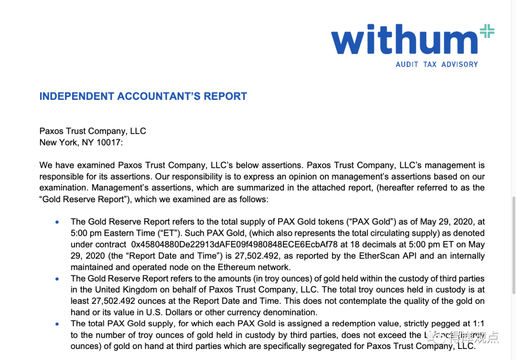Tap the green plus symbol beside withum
click(x=487, y=32)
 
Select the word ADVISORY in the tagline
click(x=460, y=65)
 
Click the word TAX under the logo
click(x=430, y=65)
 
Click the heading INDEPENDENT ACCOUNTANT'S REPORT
click(x=143, y=96)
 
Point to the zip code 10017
click(x=110, y=142)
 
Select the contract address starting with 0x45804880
click(x=234, y=244)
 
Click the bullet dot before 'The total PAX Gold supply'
click(x=57, y=324)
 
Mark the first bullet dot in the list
click(x=57, y=222)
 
